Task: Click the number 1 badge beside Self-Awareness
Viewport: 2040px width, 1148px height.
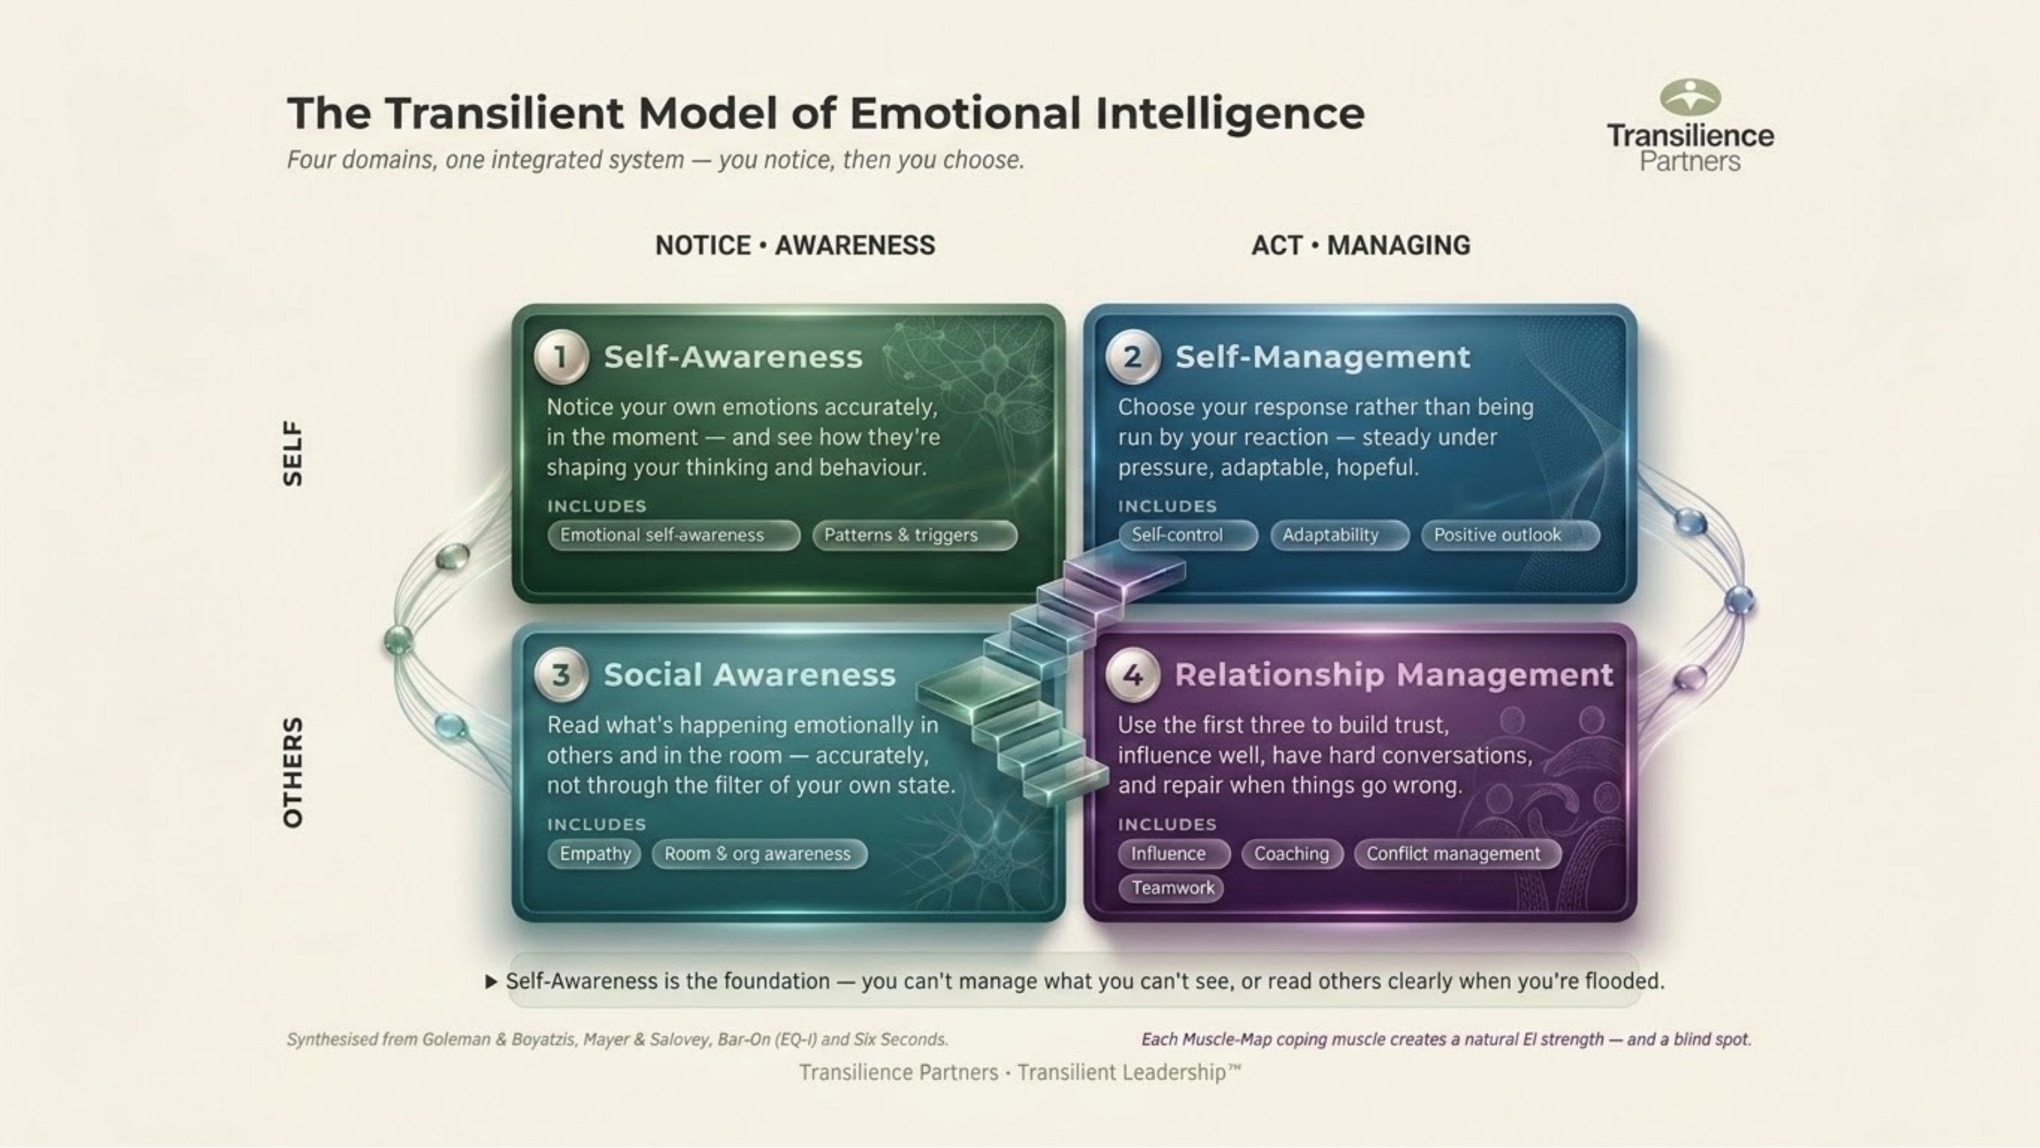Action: click(x=561, y=357)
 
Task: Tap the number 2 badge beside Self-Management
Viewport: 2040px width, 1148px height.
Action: click(x=1132, y=357)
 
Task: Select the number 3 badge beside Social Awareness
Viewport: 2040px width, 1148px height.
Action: click(x=561, y=675)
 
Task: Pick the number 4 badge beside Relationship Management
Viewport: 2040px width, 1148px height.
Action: click(x=1132, y=675)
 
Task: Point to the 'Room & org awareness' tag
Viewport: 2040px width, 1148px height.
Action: click(x=759, y=854)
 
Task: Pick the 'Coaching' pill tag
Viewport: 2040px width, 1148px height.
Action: click(x=1291, y=854)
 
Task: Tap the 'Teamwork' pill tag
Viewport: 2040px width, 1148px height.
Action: click(x=1171, y=888)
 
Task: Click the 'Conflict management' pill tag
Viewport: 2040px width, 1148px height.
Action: click(x=1457, y=854)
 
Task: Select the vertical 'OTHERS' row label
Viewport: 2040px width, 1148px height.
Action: click(x=293, y=773)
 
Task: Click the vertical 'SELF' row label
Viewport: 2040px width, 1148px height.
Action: click(x=293, y=453)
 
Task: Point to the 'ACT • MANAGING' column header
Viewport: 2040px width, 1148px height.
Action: click(x=1361, y=246)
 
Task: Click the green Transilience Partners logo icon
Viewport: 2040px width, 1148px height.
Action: click(x=1690, y=98)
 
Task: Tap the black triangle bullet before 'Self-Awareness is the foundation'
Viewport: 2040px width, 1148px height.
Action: click(x=491, y=981)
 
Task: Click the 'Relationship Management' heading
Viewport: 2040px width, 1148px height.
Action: click(x=1394, y=675)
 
